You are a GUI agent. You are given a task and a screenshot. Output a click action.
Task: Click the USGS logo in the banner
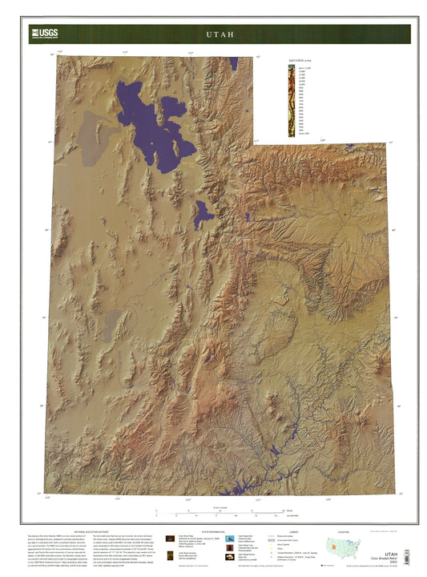pos(43,33)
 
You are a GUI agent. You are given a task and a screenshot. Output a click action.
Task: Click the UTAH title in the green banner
pos(219,35)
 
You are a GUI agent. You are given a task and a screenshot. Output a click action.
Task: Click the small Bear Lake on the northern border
pos(233,63)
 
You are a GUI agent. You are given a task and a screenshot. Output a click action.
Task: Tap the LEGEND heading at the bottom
pos(297,531)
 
